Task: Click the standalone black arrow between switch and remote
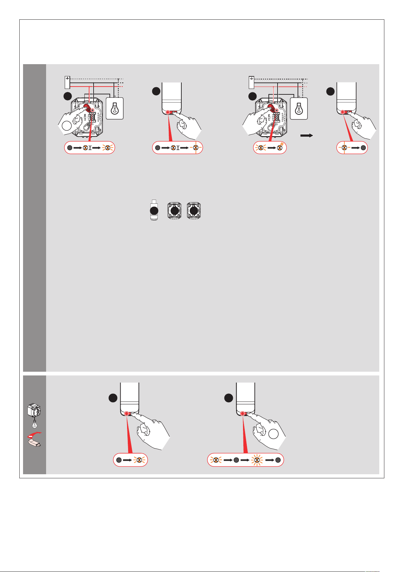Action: tap(306, 135)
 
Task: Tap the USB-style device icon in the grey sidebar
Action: tap(34, 443)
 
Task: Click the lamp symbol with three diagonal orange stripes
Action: tap(280, 148)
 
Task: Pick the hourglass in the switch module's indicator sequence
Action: tap(90, 148)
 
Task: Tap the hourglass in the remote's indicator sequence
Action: tap(178, 148)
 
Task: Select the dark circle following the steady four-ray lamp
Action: tap(363, 148)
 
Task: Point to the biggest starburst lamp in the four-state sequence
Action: tap(257, 460)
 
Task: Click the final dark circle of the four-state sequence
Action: tap(278, 460)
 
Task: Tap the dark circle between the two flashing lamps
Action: tap(236, 460)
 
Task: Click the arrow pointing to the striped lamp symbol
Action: tap(270, 148)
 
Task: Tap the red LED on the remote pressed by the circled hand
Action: tap(243, 413)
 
